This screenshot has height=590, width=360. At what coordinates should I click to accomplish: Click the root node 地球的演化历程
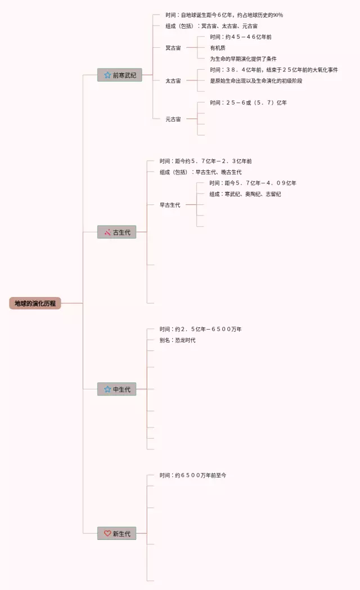35,303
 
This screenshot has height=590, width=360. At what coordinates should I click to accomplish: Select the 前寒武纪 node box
120,75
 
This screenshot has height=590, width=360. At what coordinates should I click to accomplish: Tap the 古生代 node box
116,232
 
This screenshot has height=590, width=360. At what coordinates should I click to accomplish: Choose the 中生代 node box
116,389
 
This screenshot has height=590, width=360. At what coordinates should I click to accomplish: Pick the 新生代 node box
116,533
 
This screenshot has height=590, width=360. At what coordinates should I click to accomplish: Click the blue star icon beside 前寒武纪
107,75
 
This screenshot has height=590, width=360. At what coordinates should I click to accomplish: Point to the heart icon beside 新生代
107,533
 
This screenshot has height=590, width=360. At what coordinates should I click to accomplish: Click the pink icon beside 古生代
107,232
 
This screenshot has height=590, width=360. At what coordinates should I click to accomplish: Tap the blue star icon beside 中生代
107,389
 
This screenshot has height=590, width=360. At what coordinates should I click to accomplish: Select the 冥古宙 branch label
173,48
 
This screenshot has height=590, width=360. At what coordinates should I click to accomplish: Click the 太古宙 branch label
173,81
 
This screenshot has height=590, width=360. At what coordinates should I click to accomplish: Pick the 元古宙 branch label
173,119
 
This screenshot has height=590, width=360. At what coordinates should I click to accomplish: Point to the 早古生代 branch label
170,205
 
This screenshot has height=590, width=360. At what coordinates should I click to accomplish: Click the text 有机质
218,48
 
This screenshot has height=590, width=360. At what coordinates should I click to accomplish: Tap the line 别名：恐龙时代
178,340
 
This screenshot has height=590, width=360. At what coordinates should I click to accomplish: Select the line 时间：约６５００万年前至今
193,475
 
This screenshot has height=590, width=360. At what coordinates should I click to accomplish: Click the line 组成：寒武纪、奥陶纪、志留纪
245,194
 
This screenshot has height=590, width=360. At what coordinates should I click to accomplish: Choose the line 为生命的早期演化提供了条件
244,58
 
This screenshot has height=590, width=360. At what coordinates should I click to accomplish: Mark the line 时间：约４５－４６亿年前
241,37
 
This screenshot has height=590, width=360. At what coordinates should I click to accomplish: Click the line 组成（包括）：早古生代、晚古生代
200,172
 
